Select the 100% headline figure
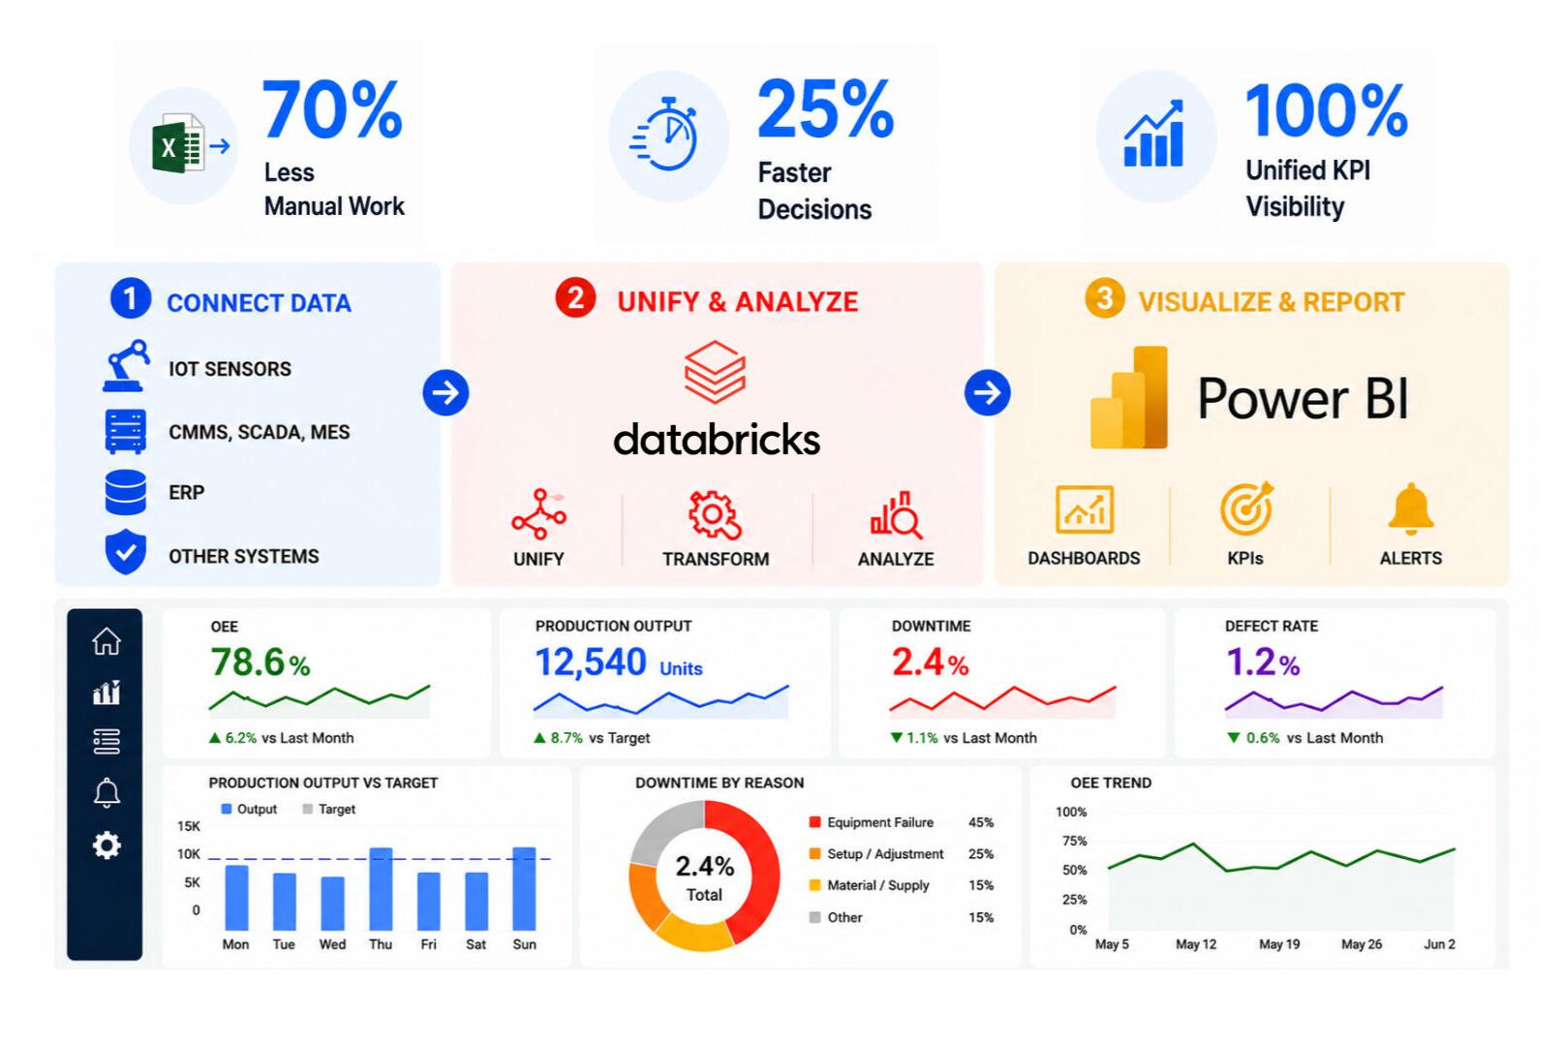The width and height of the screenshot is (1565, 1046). [x=1326, y=110]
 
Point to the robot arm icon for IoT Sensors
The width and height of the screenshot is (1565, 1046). [x=127, y=365]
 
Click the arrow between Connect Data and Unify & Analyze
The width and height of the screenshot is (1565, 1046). [x=445, y=392]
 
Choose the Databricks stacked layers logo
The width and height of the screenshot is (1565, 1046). [x=714, y=373]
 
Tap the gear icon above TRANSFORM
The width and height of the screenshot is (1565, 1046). [x=714, y=515]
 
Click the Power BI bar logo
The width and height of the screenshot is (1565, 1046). [x=1129, y=397]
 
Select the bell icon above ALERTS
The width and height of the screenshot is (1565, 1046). [x=1410, y=508]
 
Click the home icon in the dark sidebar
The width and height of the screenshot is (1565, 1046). [x=107, y=641]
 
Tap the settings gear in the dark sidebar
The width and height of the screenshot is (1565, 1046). [x=107, y=846]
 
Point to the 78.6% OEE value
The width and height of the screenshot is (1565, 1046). [x=260, y=661]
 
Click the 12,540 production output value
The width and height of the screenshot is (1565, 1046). [x=591, y=661]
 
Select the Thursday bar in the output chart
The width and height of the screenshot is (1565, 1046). [x=381, y=889]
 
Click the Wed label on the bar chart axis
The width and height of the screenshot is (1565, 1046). [x=332, y=944]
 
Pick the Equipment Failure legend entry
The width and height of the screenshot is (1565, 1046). [x=872, y=822]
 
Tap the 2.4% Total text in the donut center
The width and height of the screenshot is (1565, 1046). [x=704, y=877]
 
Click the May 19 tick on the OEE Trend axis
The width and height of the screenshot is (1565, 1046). [x=1279, y=944]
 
